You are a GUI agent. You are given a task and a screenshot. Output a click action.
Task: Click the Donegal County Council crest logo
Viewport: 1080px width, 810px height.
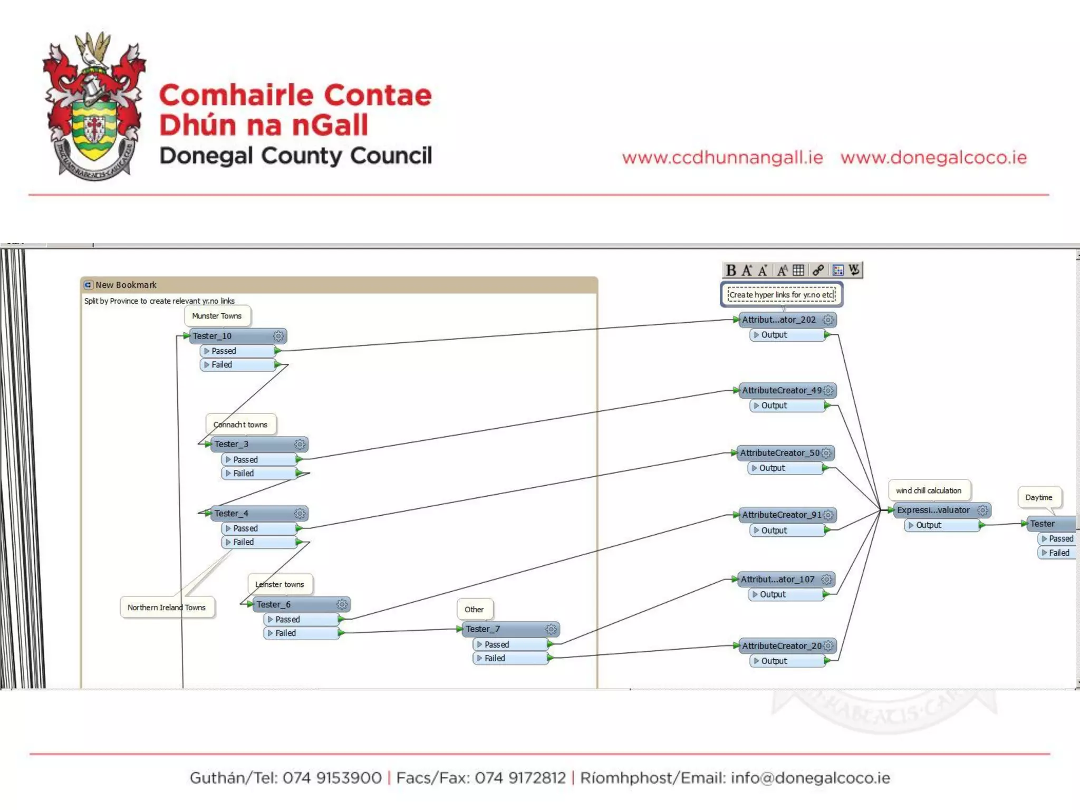(94, 105)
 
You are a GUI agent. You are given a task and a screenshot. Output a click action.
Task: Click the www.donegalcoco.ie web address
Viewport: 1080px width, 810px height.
(933, 158)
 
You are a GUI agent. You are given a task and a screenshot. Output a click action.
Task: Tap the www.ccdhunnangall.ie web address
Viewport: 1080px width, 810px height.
(722, 158)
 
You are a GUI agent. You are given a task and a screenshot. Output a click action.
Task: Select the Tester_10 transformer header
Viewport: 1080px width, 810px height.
(232, 336)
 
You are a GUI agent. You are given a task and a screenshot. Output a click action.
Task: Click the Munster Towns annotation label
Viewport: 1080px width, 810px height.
(217, 316)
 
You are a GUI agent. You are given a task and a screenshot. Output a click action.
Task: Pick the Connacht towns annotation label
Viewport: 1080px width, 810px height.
(240, 425)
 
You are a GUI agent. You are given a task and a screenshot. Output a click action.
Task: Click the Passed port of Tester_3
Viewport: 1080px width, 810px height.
(258, 460)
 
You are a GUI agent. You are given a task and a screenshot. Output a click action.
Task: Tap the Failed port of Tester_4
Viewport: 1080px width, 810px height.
(258, 542)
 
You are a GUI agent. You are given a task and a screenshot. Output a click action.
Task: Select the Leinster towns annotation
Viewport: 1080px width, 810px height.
(279, 584)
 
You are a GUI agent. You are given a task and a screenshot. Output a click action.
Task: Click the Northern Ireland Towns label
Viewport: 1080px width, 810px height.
(167, 607)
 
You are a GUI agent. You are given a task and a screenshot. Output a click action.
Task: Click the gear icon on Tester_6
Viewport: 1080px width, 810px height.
(342, 604)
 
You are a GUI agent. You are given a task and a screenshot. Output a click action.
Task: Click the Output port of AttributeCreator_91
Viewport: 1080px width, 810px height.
(786, 531)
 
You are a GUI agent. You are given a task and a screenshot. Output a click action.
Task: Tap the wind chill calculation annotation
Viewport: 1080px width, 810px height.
(929, 490)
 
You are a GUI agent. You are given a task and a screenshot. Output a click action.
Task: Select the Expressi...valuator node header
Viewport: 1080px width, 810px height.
(933, 510)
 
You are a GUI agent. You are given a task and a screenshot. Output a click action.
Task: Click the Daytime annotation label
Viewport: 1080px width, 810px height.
(1039, 497)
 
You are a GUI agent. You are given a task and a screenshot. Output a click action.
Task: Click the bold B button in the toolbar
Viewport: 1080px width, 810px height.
(731, 271)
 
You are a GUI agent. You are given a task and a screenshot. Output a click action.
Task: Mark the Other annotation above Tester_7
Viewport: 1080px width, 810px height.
(474, 610)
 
